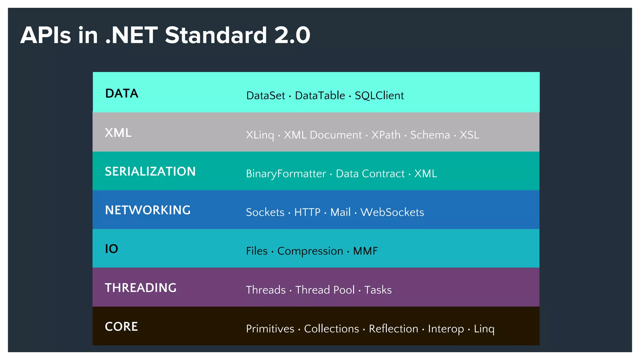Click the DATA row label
pos(122,93)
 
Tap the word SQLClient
pos(379,96)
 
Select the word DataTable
pos(320,96)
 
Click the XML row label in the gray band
pos(118,133)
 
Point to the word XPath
pos(386,135)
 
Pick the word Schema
pos(430,135)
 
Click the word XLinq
pos(260,135)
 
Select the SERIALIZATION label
pos(150,172)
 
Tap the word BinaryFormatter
pos(286,174)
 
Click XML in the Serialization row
pos(425,174)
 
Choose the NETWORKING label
pos(147,210)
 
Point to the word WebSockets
pos(392,212)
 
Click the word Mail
pos(340,212)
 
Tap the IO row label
pos(111,249)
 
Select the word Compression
pos(310,251)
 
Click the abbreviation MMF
pos(365,251)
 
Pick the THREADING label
pos(141,288)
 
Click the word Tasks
pos(378,290)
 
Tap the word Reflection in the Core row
pos(393,329)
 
